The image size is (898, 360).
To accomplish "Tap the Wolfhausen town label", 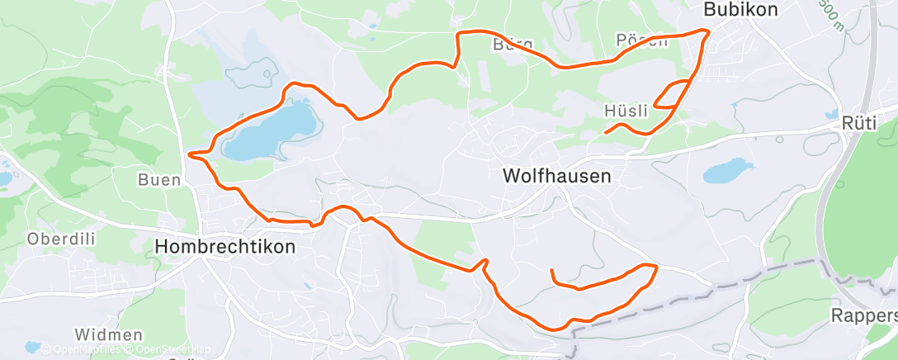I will tap(557, 176).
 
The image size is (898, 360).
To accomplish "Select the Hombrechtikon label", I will tap(224, 246).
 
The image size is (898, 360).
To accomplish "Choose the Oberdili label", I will tap(58, 239).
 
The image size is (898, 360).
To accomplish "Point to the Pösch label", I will tap(641, 41).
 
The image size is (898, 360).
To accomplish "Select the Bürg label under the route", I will tap(513, 44).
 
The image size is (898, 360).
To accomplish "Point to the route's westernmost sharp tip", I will tap(190, 154).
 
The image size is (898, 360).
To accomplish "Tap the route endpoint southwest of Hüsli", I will tap(605, 132).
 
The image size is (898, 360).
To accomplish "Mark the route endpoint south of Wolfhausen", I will tap(551, 270).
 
